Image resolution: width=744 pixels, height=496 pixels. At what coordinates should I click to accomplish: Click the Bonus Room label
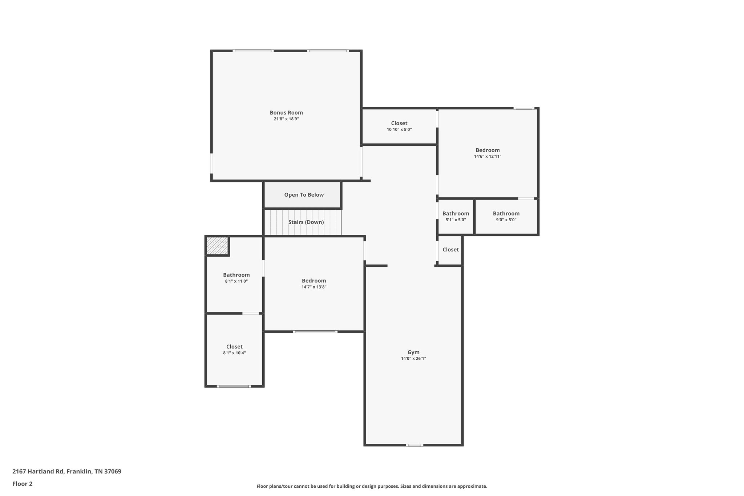tap(286, 113)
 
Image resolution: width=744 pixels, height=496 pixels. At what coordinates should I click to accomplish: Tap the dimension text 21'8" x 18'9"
tap(286, 119)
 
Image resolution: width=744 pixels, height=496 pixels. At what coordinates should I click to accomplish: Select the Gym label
tap(413, 352)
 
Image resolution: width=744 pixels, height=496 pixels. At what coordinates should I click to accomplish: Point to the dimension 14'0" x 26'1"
tap(413, 358)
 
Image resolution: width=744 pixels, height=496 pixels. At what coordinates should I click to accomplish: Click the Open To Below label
tap(304, 195)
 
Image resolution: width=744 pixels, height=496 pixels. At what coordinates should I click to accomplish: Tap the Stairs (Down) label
tap(306, 222)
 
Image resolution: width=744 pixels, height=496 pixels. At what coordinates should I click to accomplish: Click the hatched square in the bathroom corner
tap(217, 246)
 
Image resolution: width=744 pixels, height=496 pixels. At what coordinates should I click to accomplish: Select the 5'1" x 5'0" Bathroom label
tap(456, 214)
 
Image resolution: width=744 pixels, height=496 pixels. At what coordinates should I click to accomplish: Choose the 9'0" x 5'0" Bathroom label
tap(506, 214)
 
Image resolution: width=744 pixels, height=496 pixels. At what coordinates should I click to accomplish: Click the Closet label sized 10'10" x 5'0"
tap(399, 123)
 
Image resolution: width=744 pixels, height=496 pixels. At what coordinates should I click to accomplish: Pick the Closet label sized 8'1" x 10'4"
tap(234, 347)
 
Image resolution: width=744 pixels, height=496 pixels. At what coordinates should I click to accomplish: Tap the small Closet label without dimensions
tap(450, 250)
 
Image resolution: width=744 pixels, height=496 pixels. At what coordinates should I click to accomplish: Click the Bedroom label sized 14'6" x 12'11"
tap(488, 150)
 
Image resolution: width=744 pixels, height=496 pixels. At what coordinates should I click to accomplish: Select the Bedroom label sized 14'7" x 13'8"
tap(314, 281)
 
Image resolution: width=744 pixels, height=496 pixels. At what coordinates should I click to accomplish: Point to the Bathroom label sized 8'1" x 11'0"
tap(236, 275)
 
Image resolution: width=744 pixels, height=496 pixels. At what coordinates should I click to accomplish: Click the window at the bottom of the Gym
tap(415, 445)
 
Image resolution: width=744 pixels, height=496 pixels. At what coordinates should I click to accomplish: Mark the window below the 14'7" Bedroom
tap(315, 331)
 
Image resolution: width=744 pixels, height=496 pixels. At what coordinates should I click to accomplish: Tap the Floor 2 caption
tap(23, 484)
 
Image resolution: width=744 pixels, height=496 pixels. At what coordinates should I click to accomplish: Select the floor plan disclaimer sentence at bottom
tap(372, 486)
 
